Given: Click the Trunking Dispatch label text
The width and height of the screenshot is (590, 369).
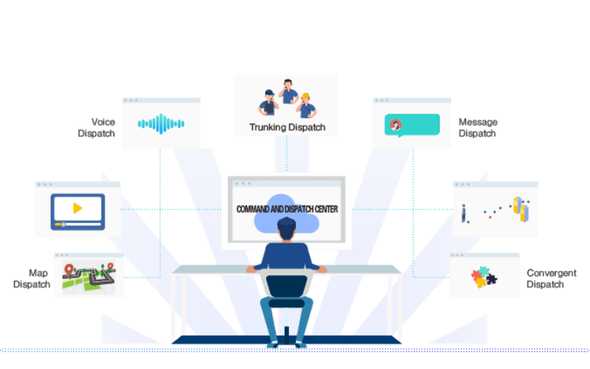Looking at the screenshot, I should [x=286, y=126].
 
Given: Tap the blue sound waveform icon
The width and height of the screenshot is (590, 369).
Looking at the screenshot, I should [x=161, y=123].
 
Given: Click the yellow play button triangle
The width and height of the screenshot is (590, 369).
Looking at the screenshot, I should [x=77, y=209].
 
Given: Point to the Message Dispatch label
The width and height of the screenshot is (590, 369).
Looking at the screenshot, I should [x=478, y=127].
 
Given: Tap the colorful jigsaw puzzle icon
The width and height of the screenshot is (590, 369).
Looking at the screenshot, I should [x=484, y=277].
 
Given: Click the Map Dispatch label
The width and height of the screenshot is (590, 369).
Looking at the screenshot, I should [x=32, y=278].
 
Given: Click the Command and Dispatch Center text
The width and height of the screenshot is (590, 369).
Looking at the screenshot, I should [x=287, y=210].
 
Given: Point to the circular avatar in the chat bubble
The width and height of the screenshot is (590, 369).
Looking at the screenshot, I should [x=396, y=125].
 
